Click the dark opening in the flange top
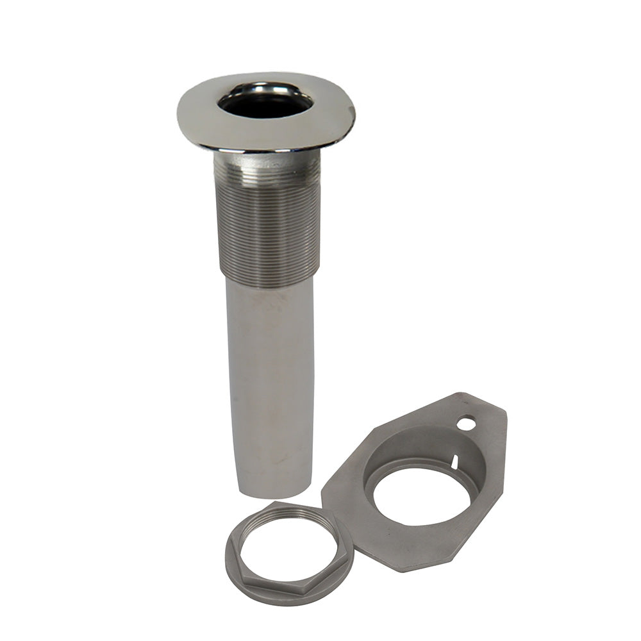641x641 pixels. coord(265,103)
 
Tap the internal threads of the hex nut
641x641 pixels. coord(288,513)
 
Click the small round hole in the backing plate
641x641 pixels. coord(467,423)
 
